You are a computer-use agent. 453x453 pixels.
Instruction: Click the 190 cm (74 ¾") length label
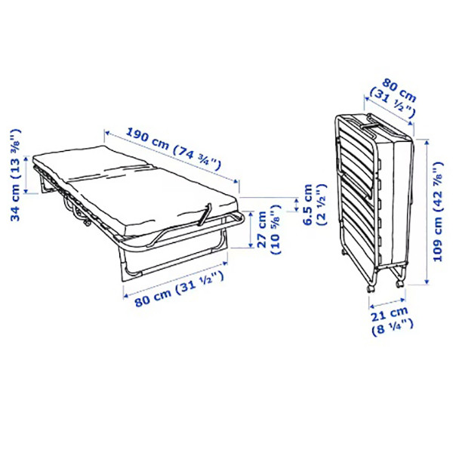tap(174, 149)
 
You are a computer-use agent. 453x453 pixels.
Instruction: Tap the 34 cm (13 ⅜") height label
tap(16, 175)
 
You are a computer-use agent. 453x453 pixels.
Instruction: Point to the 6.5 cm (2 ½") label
tap(314, 205)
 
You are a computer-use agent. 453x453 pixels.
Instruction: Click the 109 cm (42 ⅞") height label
tap(439, 211)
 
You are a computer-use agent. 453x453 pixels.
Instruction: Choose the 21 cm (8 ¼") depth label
tap(391, 320)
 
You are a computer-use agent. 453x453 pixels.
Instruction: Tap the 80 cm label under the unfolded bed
tap(179, 288)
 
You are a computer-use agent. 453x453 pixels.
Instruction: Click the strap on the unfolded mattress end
tap(205, 214)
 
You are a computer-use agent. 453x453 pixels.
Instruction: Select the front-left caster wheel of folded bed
tap(371, 289)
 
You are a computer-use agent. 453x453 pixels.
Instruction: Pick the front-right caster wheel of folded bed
tap(400, 284)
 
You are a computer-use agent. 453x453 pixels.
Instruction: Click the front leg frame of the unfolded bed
tap(174, 257)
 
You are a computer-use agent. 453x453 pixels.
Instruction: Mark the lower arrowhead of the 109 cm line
tap(427, 282)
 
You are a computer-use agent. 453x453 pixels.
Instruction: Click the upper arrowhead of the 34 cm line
tap(26, 159)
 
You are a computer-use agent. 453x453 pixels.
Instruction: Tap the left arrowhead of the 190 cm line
tap(107, 133)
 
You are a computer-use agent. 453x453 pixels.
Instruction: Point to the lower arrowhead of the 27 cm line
tap(251, 245)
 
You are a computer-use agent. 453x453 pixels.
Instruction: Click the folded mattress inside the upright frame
tap(394, 199)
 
